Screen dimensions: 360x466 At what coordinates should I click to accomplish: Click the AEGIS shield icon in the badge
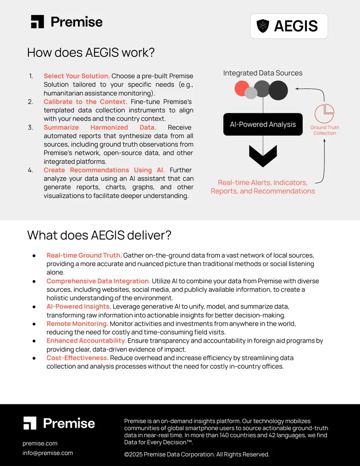coord(262,26)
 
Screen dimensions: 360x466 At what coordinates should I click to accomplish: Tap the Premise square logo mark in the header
coord(37,22)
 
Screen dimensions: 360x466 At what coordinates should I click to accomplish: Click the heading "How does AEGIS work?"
coord(91,53)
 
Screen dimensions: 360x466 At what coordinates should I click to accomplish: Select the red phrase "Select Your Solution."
coord(76,76)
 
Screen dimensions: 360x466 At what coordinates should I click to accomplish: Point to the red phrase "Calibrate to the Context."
coord(85,102)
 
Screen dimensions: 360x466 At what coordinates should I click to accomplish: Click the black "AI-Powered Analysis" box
coord(263,124)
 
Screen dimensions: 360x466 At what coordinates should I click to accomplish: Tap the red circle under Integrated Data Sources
coord(242,88)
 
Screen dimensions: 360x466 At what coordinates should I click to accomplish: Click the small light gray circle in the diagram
coord(251,93)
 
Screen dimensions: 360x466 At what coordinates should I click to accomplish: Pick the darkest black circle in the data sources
coord(278,90)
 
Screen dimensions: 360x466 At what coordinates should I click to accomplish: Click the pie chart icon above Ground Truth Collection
coord(324,113)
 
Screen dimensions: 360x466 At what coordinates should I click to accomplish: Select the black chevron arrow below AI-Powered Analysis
coord(263,156)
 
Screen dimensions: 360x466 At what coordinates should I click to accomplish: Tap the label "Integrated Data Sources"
coord(263,73)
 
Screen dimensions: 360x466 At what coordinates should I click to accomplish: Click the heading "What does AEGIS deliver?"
coord(99,235)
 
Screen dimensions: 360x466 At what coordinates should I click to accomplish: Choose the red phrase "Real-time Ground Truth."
coord(84,255)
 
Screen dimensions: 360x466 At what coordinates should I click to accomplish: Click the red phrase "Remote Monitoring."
coord(77,324)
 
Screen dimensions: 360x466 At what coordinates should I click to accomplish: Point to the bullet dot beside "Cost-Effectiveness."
coord(34,358)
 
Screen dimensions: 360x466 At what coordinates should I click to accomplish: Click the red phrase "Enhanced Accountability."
coord(86,340)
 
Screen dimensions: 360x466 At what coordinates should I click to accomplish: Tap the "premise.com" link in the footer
coord(40,443)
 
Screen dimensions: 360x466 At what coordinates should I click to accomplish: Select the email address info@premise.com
coord(48,453)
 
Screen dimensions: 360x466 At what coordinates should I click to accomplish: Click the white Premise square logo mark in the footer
coord(30,423)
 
